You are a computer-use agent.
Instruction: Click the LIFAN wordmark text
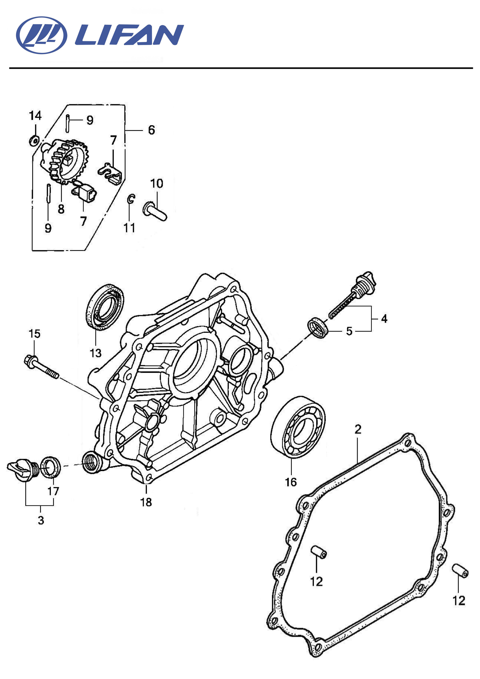click(x=129, y=35)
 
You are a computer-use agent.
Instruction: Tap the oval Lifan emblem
click(x=42, y=35)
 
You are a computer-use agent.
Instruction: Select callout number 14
click(x=35, y=116)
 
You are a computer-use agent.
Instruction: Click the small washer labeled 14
click(x=34, y=140)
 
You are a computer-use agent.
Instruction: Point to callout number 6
click(x=151, y=130)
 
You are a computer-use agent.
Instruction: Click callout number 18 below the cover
click(x=146, y=502)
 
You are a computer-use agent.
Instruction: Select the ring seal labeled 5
click(x=318, y=327)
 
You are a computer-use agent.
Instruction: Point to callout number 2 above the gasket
click(x=358, y=429)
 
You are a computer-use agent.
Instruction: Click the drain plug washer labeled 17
click(x=50, y=467)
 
